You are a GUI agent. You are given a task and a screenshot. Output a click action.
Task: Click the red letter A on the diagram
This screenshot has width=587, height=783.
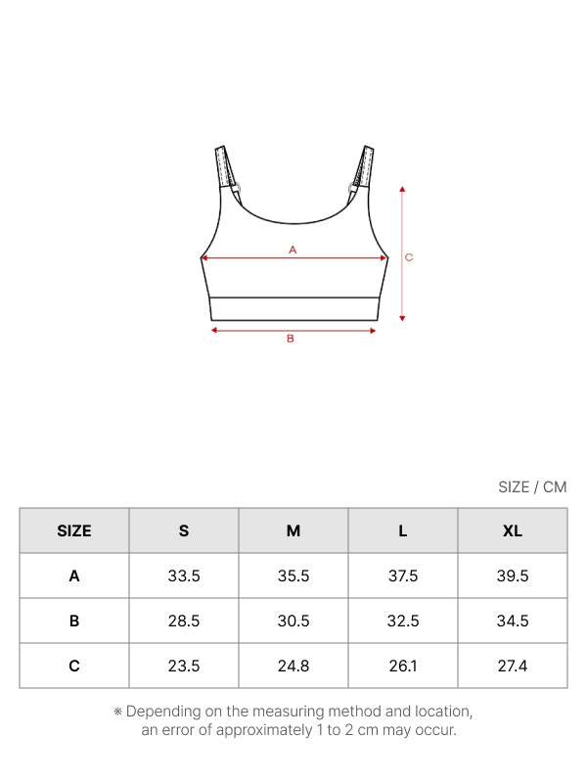click(293, 250)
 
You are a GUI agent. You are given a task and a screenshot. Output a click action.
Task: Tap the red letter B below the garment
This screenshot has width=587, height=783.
click(291, 339)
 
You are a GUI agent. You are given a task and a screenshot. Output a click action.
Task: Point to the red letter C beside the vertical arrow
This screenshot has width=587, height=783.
click(409, 257)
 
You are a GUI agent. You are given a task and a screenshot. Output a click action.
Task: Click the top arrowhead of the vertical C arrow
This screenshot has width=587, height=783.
click(402, 189)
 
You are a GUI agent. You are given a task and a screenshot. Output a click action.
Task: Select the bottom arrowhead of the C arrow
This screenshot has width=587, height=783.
click(402, 318)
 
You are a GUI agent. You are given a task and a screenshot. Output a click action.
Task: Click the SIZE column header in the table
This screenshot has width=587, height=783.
click(74, 530)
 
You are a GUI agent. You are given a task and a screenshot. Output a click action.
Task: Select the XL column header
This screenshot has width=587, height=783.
click(512, 530)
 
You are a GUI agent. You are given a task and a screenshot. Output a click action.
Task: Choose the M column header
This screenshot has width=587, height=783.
click(293, 530)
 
